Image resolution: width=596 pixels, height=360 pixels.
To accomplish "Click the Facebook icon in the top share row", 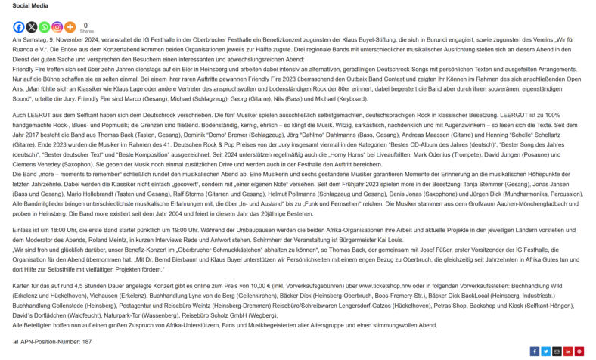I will (x=19, y=27).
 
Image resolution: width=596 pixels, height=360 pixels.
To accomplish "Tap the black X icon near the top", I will (x=31, y=27).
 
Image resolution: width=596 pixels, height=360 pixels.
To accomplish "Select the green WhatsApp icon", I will (x=44, y=27).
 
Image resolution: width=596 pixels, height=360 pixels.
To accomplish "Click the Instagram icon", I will (x=57, y=27).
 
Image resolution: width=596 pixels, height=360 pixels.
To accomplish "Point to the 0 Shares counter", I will (x=86, y=27).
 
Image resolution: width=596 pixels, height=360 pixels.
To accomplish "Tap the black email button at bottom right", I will (x=557, y=351).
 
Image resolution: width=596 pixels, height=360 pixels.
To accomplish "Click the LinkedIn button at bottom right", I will (x=568, y=351).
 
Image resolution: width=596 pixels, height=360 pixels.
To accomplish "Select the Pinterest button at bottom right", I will (x=579, y=351).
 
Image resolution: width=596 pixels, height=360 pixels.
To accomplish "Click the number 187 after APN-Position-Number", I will (x=87, y=342).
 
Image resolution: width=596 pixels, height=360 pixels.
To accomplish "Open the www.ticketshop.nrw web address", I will (x=386, y=287).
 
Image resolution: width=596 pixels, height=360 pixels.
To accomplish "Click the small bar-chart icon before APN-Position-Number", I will (x=16, y=342).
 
